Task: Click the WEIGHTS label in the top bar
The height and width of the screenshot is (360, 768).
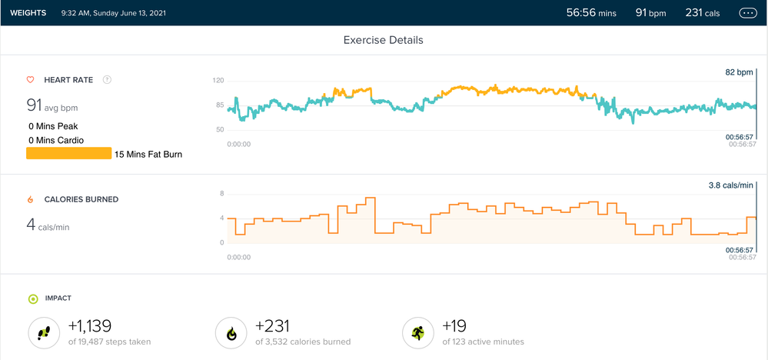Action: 28,13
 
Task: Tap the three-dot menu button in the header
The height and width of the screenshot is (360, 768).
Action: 747,13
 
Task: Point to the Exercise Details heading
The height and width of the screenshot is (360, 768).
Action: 383,40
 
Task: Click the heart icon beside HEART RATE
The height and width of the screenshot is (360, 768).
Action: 30,79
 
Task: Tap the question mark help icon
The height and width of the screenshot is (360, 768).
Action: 107,79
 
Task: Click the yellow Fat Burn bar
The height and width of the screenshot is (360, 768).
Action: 68,154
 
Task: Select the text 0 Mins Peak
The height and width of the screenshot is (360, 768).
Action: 52,126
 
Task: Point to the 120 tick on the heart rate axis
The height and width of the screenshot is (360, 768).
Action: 218,80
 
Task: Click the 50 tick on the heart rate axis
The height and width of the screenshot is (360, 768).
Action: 219,129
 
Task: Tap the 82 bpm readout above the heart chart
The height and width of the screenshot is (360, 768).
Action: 739,72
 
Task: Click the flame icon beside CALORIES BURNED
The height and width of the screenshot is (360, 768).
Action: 30,199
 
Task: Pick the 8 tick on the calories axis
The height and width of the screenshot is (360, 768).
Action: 221,194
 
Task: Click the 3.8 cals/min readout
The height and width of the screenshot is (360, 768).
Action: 730,185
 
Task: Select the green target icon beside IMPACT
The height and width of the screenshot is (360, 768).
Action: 32,298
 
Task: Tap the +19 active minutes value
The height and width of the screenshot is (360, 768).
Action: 454,326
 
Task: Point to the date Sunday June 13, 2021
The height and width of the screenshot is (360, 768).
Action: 125,13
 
